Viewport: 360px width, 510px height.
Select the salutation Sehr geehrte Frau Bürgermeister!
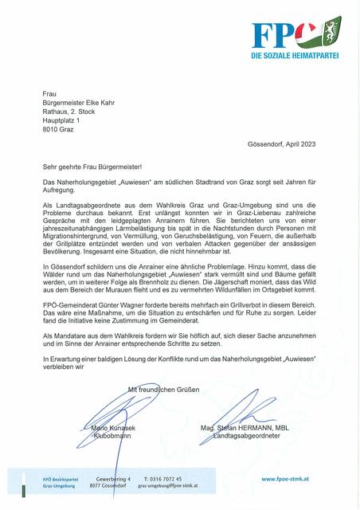tap(92, 168)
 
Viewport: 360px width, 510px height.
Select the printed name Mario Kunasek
tap(108, 429)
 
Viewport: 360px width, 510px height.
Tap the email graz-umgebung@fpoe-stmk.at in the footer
tap(168, 486)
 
